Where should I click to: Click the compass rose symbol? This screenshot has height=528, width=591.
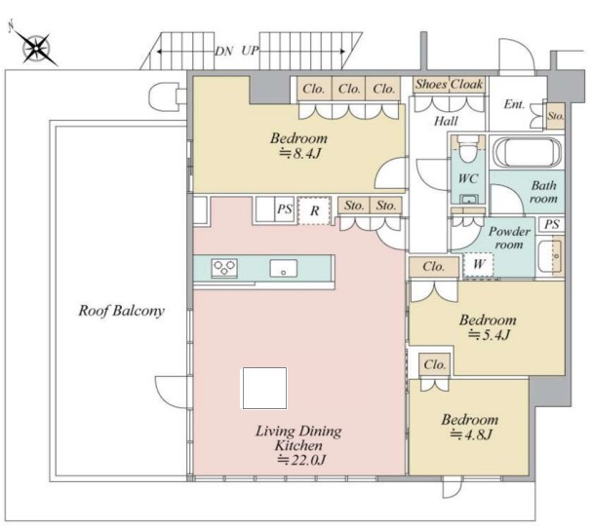pos(35,47)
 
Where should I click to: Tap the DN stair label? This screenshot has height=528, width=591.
pos(224,52)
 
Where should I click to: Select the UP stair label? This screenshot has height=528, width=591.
pos(250,51)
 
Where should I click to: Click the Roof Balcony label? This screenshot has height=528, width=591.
pos(121,311)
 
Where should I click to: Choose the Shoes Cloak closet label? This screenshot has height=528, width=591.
pos(449,85)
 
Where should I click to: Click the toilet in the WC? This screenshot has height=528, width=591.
pos(468,148)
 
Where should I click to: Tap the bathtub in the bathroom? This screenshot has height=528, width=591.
pos(527,152)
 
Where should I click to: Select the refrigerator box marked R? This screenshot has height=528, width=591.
pos(314,210)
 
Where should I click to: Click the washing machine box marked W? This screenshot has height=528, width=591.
pos(479,264)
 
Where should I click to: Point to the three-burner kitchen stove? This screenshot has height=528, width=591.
pos(224,268)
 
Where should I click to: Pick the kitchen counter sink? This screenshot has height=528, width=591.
pos(284,269)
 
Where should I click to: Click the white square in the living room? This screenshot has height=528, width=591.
pos(264,389)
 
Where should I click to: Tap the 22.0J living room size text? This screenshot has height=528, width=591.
pos(301,460)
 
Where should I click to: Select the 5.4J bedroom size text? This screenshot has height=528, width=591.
pos(490,334)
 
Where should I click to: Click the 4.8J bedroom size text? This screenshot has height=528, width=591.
pos(471,435)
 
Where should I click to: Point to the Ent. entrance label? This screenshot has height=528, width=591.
pos(514,104)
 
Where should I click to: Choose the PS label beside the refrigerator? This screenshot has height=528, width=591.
pos(285,209)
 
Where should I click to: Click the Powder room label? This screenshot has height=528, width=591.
pos(509,238)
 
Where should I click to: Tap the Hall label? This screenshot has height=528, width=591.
pos(447,121)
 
